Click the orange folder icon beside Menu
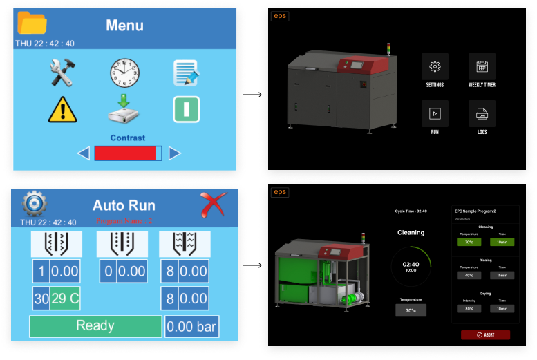pyautogui.click(x=32, y=23)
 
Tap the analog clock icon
pyautogui.click(x=124, y=72)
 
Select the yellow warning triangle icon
pyautogui.click(x=62, y=110)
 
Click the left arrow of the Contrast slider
pyautogui.click(x=84, y=153)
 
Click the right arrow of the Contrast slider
pyautogui.click(x=175, y=153)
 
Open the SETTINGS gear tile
pyautogui.click(x=435, y=66)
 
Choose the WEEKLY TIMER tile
pyautogui.click(x=482, y=66)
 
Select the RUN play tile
pyautogui.click(x=435, y=113)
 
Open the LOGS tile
pyautogui.click(x=482, y=113)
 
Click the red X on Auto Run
pyautogui.click(x=214, y=205)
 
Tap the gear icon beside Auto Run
pyautogui.click(x=34, y=204)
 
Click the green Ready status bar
pyautogui.click(x=95, y=326)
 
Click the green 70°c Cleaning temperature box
pyautogui.click(x=469, y=242)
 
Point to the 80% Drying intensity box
pyautogui.click(x=469, y=308)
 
